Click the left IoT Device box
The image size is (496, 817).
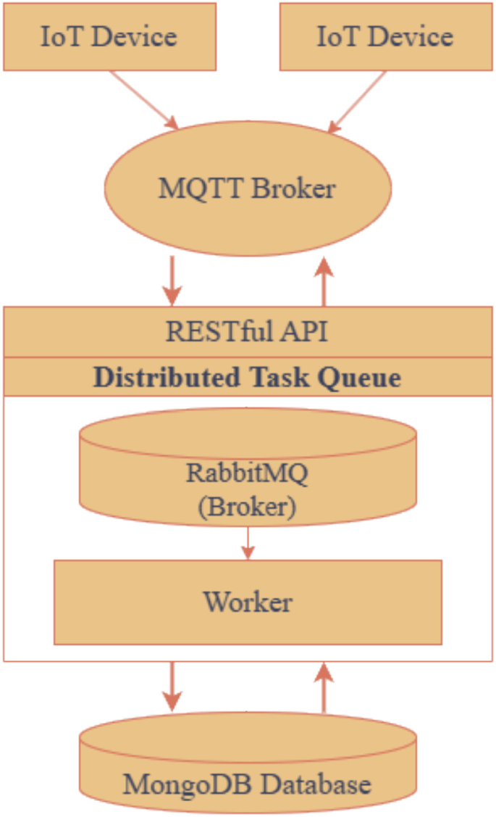pos(109,36)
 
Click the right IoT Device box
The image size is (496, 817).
pos(385,36)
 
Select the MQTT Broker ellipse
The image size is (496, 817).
pos(248,188)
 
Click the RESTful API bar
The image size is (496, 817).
pos(248,332)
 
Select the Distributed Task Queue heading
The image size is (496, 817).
pos(248,378)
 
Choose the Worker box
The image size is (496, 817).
pos(248,602)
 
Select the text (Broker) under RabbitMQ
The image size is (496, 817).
pos(247,507)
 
